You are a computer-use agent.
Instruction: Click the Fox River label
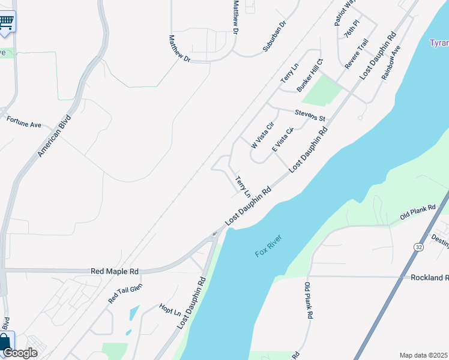pyautogui.click(x=268, y=245)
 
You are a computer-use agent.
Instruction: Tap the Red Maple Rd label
pyautogui.click(x=114, y=271)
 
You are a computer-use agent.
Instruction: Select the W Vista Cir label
pyautogui.click(x=262, y=135)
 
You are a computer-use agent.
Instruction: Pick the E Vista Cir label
pyautogui.click(x=282, y=140)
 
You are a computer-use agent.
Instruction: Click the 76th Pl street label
pyautogui.click(x=352, y=28)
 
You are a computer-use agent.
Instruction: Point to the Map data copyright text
pyautogui.click(x=424, y=355)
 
